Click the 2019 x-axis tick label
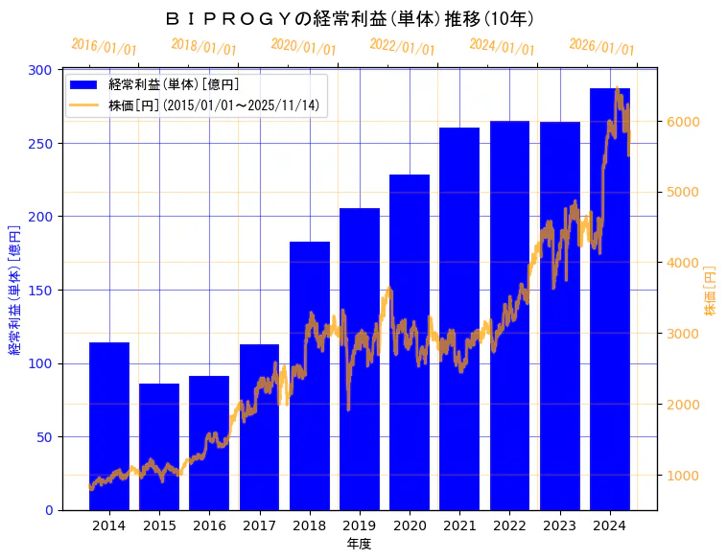[x=360, y=525]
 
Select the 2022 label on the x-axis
[x=509, y=525]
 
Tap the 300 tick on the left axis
[x=41, y=70]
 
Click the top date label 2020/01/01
[x=303, y=47]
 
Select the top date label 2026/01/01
[x=601, y=47]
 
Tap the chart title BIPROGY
[x=350, y=19]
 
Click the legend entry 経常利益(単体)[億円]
[x=174, y=84]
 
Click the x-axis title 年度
[x=360, y=544]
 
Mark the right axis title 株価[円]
[x=711, y=291]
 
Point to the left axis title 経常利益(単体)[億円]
[x=14, y=291]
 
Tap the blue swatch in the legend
[x=84, y=84]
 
